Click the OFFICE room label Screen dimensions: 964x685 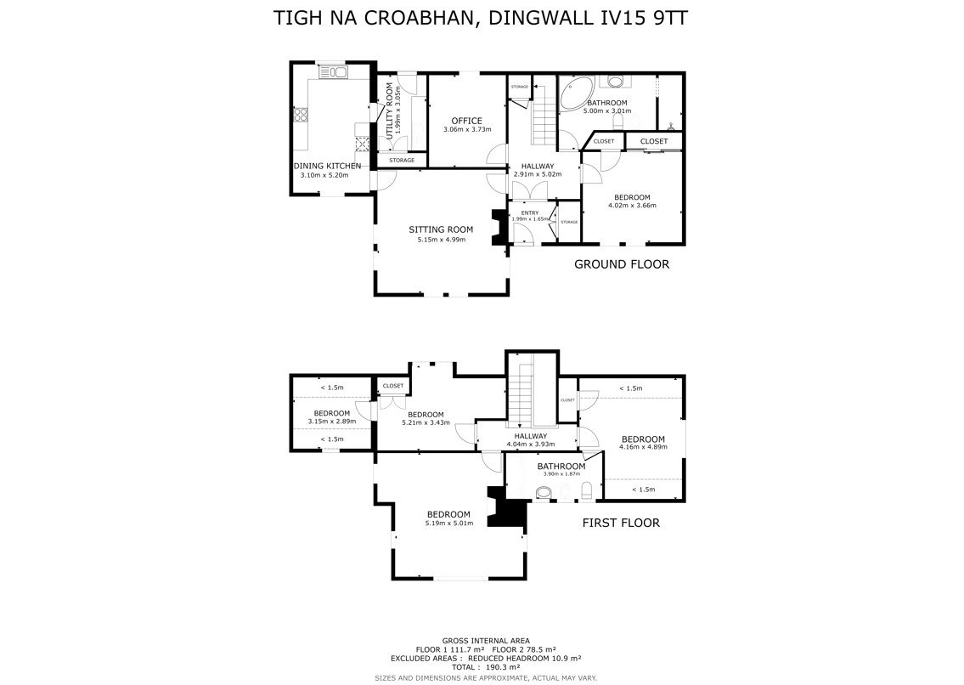(466, 121)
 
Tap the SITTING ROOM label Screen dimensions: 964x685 (441, 229)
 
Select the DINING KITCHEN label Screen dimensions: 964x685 (327, 167)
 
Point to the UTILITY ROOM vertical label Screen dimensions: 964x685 (388, 110)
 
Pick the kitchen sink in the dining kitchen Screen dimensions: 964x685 (333, 72)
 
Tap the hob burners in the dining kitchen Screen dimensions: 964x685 (301, 116)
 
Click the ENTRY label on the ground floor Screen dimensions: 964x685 (529, 213)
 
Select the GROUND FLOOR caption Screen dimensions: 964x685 (622, 264)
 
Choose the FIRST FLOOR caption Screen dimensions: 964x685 (621, 523)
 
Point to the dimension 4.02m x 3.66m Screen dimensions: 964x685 (632, 206)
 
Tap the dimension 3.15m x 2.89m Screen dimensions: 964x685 (332, 422)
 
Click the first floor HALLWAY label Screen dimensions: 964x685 (531, 436)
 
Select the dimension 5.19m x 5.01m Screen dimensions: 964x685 (448, 524)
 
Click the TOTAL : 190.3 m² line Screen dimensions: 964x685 (486, 666)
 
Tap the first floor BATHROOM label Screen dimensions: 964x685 (561, 467)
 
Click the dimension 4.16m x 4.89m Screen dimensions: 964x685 (643, 447)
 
